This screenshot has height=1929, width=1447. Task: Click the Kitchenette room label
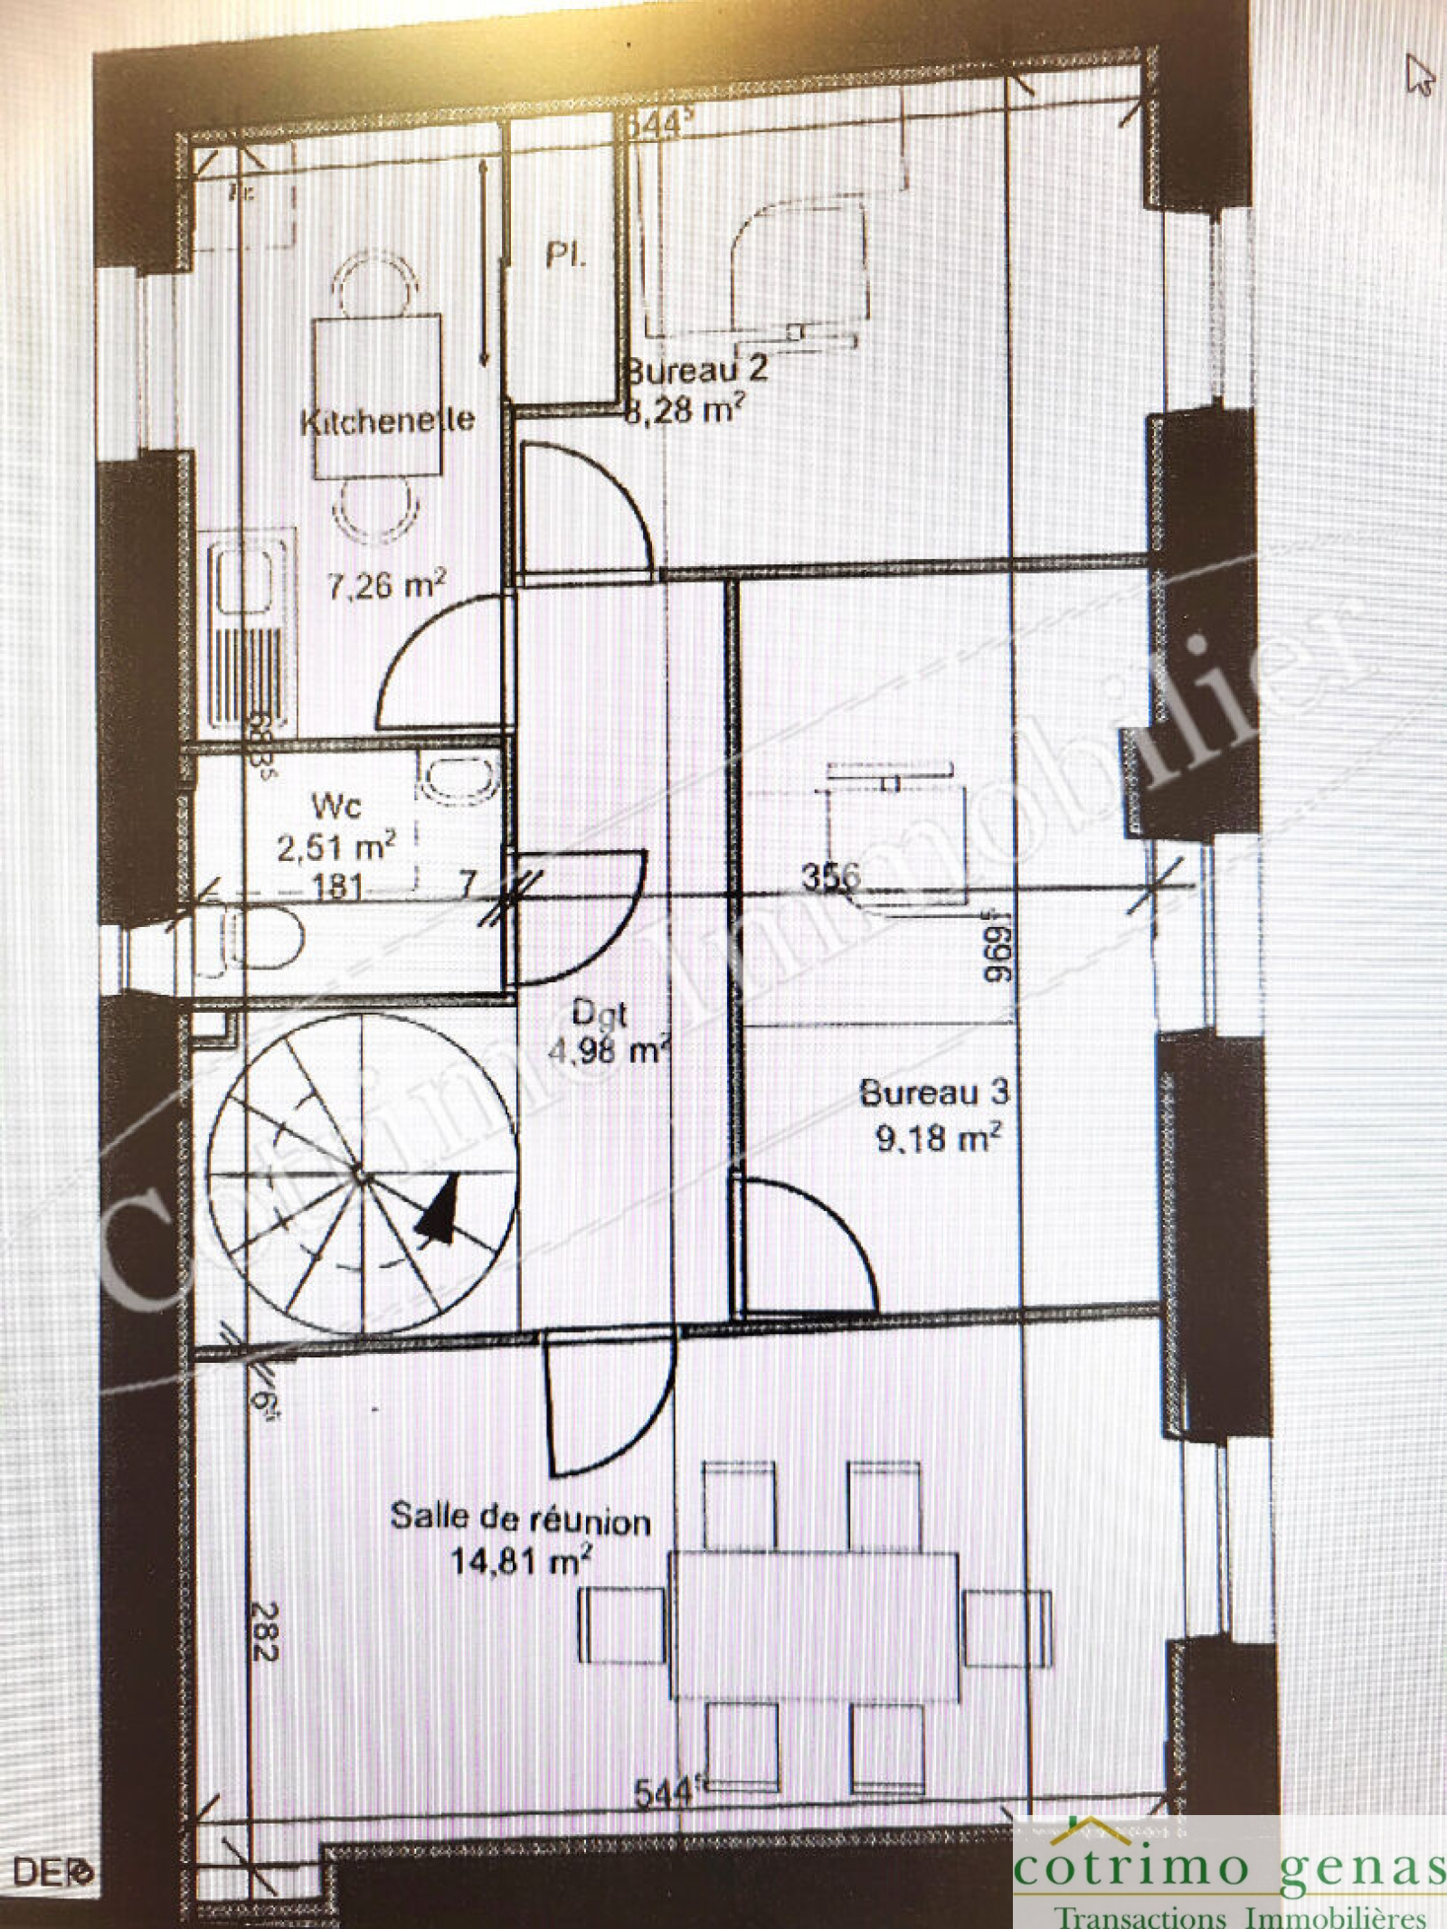[387, 421]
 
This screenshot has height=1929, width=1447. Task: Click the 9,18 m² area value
[938, 1137]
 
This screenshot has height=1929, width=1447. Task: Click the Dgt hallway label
[601, 1013]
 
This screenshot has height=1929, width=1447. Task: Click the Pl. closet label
[565, 256]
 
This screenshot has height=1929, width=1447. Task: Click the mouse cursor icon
[1419, 73]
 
